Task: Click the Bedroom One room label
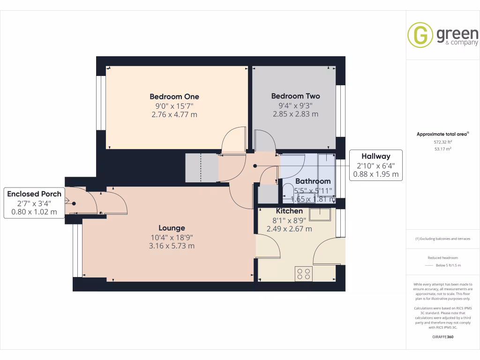pyautogui.click(x=174, y=97)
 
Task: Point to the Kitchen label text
pyautogui.click(x=289, y=211)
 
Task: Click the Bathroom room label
pyautogui.click(x=313, y=181)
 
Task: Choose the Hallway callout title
pyautogui.click(x=375, y=157)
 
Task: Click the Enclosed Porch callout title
pyautogui.click(x=34, y=194)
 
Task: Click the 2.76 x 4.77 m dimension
pyautogui.click(x=174, y=114)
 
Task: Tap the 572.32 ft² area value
pyautogui.click(x=442, y=142)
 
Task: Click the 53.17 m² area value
pyautogui.click(x=442, y=149)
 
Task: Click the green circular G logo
pyautogui.click(x=420, y=35)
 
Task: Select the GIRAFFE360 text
pyautogui.click(x=443, y=337)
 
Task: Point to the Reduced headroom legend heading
pyautogui.click(x=442, y=258)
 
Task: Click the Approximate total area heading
pyautogui.click(x=442, y=134)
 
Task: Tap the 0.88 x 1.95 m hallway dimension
pyautogui.click(x=375, y=174)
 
